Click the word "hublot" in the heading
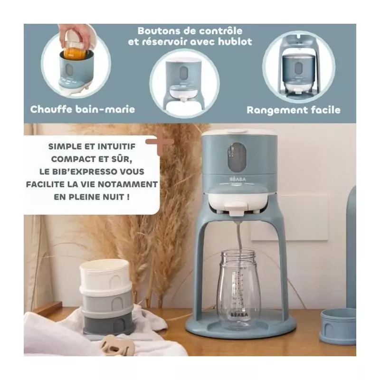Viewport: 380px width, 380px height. [x=235, y=41]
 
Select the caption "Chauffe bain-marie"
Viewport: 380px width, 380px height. [x=83, y=109]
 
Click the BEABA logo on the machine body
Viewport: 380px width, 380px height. [x=237, y=179]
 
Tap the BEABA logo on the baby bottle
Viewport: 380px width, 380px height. [x=239, y=315]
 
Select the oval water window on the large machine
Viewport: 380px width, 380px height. [x=237, y=156]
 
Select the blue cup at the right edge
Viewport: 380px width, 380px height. [x=338, y=326]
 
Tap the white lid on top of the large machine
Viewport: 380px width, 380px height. [x=239, y=132]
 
